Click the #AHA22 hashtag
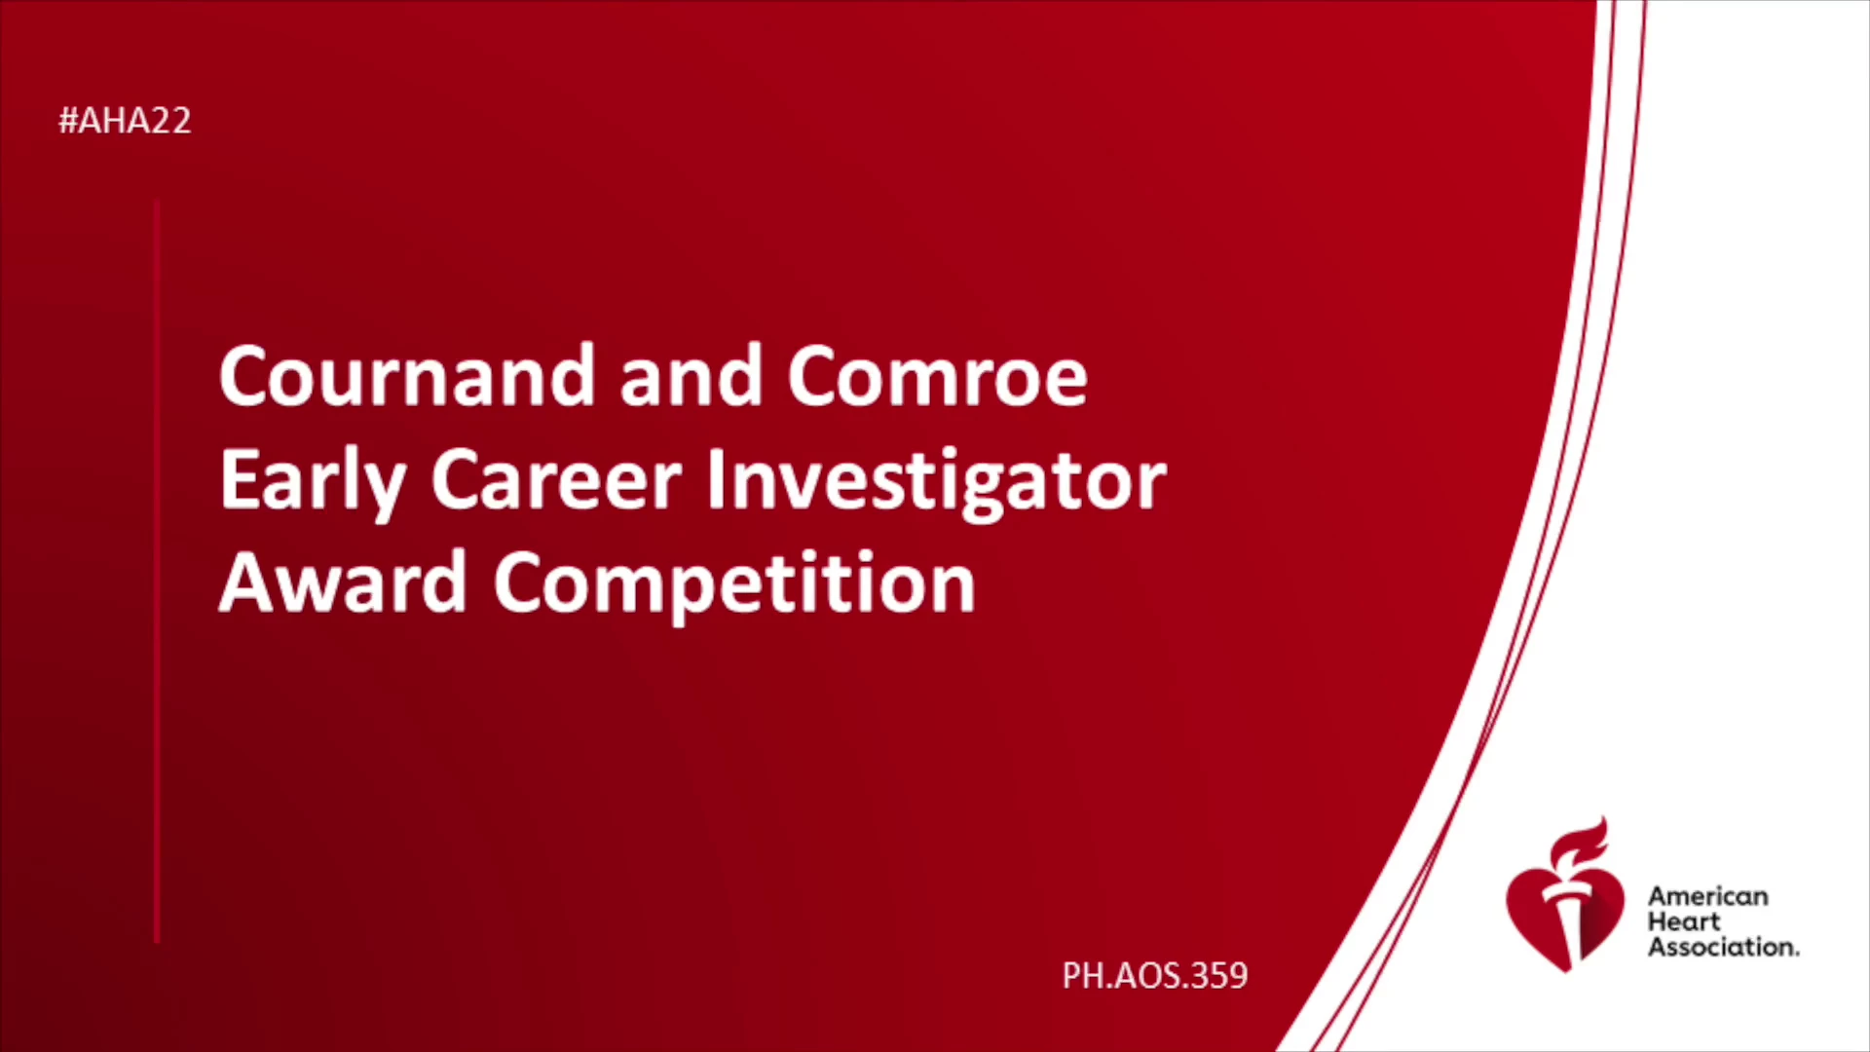(x=125, y=121)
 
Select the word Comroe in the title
(x=937, y=376)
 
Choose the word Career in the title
(x=556, y=480)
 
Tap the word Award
(x=343, y=582)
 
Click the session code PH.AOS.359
(x=1155, y=975)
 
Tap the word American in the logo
(x=1708, y=896)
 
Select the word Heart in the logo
(x=1684, y=921)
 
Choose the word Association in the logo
(x=1724, y=947)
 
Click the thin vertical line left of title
(x=157, y=572)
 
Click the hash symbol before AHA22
(x=68, y=121)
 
